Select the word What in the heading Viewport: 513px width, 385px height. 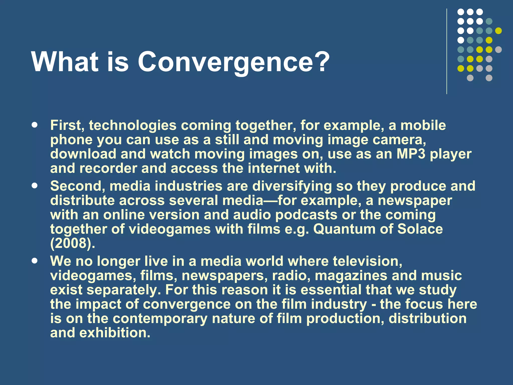coord(65,62)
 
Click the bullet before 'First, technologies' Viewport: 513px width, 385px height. coord(35,125)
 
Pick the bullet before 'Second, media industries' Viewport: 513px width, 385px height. coord(35,186)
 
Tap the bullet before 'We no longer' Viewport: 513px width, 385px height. coord(35,261)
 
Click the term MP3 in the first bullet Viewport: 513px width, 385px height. coord(411,154)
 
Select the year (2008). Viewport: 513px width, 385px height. coord(73,243)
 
